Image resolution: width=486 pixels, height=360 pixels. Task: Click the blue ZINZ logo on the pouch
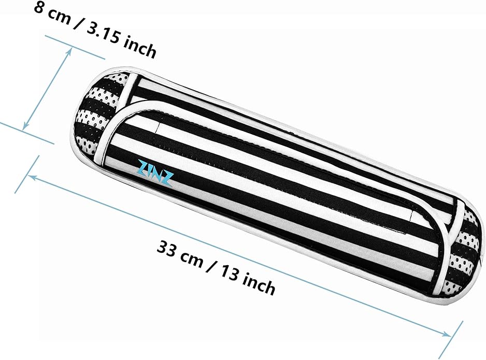(x=155, y=174)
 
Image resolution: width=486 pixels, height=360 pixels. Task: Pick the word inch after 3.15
(x=140, y=49)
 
